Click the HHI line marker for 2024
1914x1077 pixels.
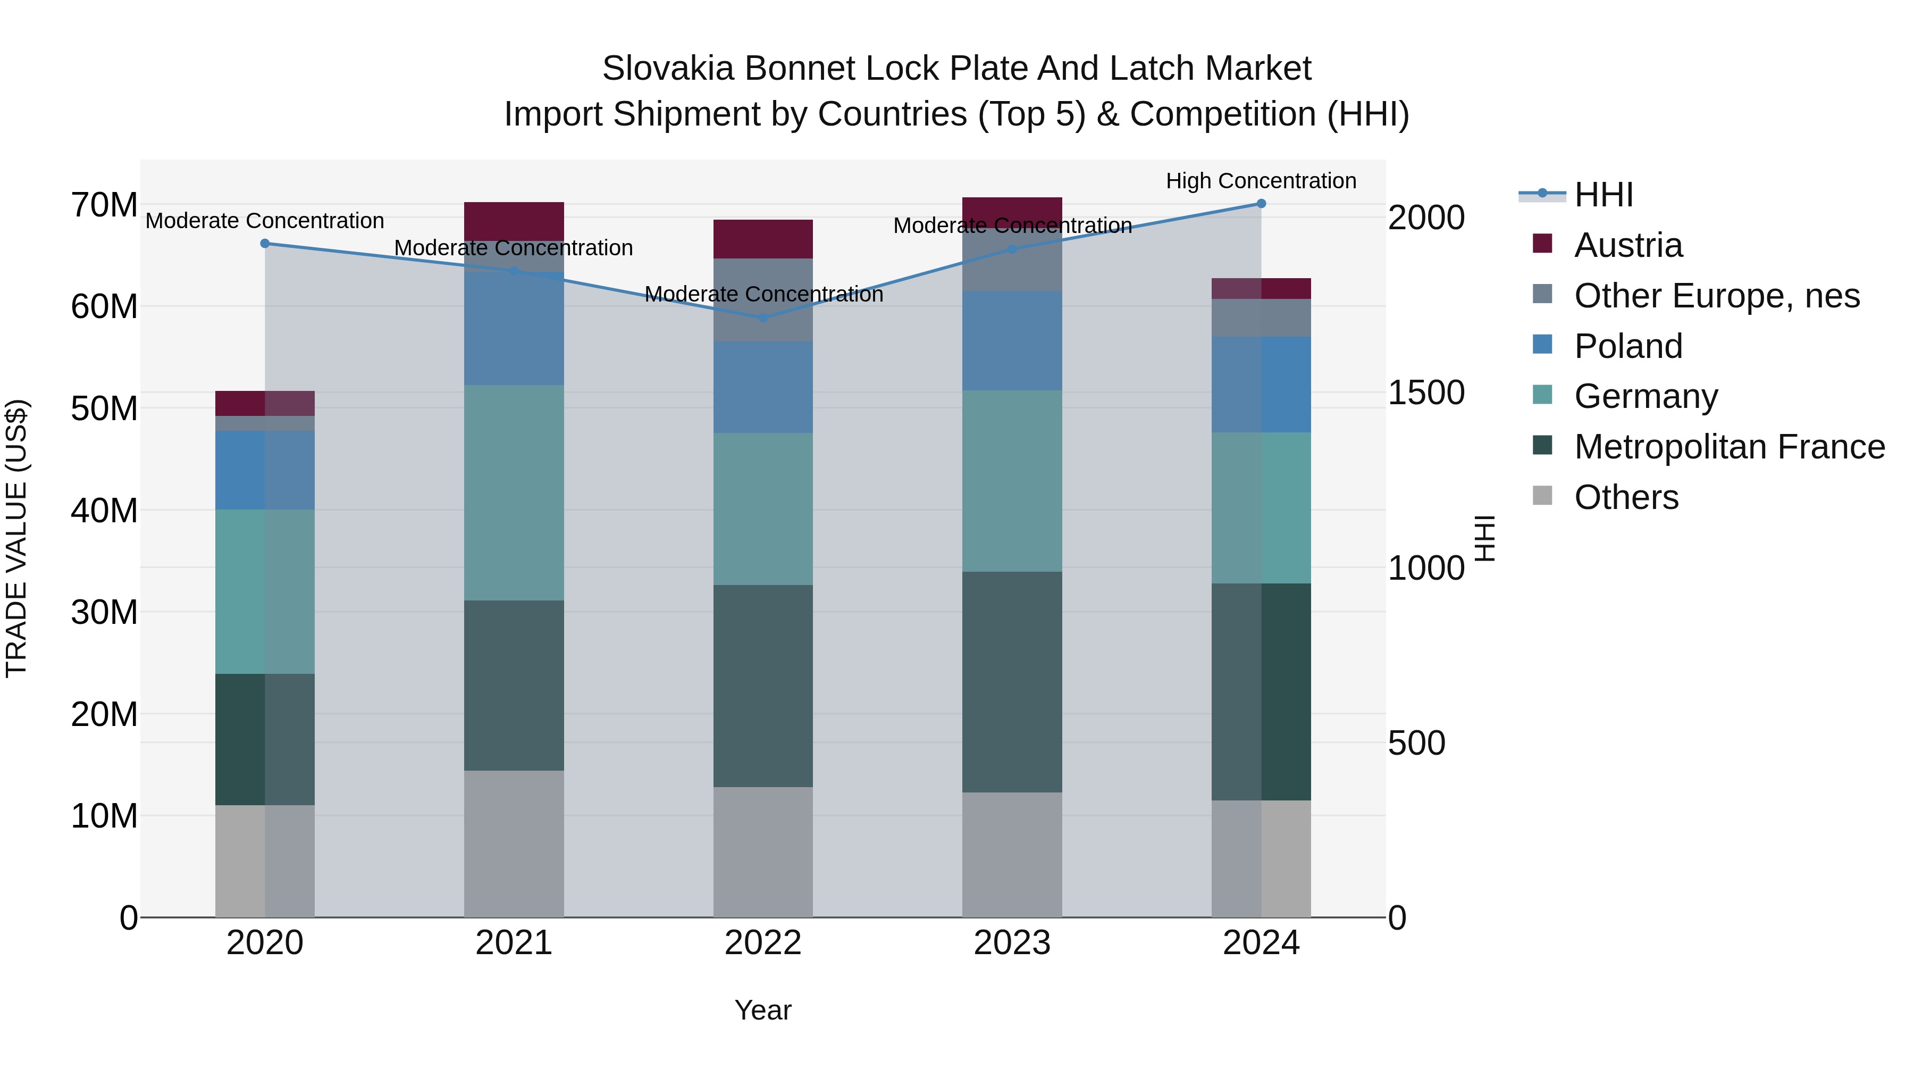tap(1261, 204)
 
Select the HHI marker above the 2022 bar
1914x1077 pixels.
tap(762, 318)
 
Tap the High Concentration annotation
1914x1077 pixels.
tap(1261, 181)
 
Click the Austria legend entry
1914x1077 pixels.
tap(1627, 245)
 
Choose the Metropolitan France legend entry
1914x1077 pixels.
tap(1728, 447)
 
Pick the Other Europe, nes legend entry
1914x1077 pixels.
tap(1716, 296)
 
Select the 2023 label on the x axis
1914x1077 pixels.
tap(1012, 943)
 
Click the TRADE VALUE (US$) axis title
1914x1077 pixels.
tap(16, 538)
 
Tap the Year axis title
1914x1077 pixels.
tap(763, 1010)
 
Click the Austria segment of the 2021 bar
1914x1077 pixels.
tap(514, 221)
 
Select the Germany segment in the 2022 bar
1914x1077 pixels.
tap(762, 508)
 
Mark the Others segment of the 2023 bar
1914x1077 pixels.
tap(1012, 855)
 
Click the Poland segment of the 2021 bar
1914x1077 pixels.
tap(514, 328)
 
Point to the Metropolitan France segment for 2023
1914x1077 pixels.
tap(1012, 682)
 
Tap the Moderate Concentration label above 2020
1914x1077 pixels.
tap(265, 221)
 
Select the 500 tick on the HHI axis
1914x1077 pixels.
tap(1416, 744)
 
